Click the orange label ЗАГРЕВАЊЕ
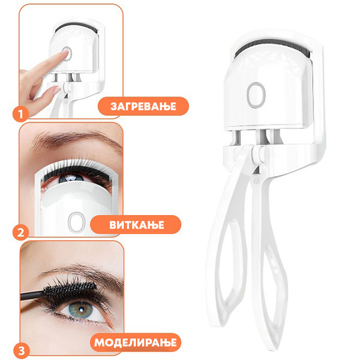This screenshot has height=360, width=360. pyautogui.click(x=143, y=106)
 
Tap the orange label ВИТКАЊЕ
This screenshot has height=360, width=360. pyautogui.click(x=136, y=224)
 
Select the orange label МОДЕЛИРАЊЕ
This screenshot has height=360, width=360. pyautogui.click(x=136, y=343)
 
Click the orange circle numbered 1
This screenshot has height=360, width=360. pyautogui.click(x=20, y=113)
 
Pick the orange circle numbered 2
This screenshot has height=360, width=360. pyautogui.click(x=20, y=232)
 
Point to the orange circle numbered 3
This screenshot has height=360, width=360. pyautogui.click(x=22, y=350)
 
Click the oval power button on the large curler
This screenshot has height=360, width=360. pyautogui.click(x=256, y=95)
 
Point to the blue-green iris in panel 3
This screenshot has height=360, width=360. pyautogui.click(x=81, y=310)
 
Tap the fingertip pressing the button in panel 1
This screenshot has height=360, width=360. pyautogui.click(x=65, y=54)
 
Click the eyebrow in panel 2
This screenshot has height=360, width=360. pyautogui.click(x=76, y=139)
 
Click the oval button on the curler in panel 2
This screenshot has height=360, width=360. pyautogui.click(x=76, y=221)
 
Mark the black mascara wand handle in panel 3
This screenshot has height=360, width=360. pyautogui.click(x=32, y=295)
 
